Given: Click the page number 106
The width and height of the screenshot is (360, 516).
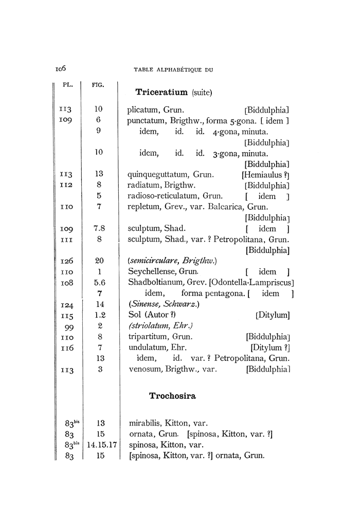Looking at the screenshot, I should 62,68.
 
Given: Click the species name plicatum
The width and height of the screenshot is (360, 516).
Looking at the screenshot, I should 143,109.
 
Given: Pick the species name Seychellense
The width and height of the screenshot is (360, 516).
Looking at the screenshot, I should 153,272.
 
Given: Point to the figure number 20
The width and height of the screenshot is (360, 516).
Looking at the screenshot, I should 100,261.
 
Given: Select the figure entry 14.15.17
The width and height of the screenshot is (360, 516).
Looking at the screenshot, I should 100,444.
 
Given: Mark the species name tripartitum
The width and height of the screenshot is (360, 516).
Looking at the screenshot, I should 147,337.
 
